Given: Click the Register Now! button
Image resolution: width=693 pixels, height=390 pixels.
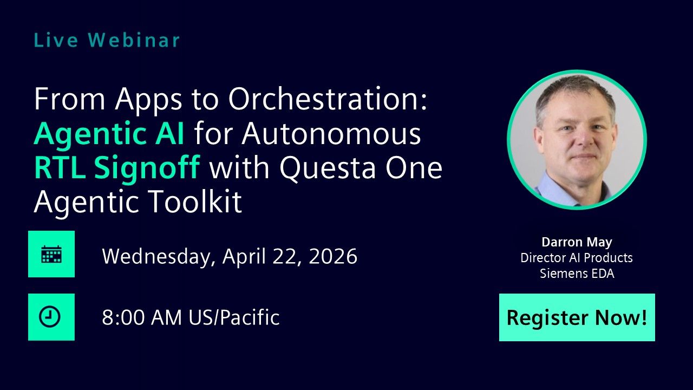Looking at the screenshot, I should (577, 317).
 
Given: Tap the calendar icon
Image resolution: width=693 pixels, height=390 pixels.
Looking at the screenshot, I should (51, 254).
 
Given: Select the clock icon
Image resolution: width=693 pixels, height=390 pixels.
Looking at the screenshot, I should (51, 317).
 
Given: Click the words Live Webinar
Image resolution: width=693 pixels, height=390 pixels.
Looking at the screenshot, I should (107, 40).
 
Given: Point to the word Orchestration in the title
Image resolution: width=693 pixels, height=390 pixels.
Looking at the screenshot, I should (328, 100).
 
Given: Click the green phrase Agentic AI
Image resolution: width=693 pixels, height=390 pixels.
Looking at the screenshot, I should (109, 134).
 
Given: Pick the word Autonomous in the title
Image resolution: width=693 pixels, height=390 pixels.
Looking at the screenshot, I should (332, 134).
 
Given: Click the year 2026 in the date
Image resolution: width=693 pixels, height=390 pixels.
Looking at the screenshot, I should (333, 256).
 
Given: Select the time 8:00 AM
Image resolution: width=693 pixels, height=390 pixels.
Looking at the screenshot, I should (142, 317).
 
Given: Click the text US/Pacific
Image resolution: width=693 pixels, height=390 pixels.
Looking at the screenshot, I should (234, 317).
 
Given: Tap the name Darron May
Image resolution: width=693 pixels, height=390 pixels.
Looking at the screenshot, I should (577, 242).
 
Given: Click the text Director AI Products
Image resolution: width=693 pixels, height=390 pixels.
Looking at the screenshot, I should (577, 258).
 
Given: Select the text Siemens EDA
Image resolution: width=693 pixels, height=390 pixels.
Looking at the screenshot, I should (577, 274).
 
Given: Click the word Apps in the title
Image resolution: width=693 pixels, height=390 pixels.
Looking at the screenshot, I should (150, 100).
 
